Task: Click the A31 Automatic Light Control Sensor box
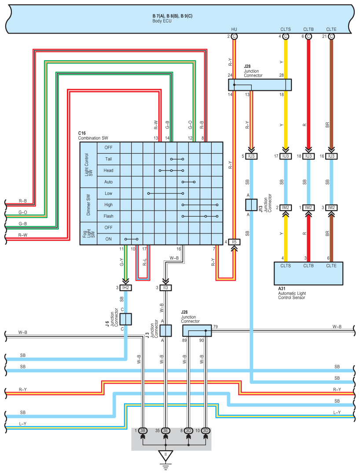[308, 274]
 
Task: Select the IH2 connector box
[126, 288]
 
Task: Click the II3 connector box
[165, 288]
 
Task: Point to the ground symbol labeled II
[166, 455]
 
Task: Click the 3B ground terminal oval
[143, 430]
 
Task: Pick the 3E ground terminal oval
[166, 430]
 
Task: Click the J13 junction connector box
[251, 205]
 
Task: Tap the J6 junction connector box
[126, 318]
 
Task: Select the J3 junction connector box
[165, 330]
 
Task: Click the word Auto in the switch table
[108, 181]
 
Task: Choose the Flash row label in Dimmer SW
[108, 216]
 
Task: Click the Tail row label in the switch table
[108, 159]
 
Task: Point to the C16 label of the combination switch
[82, 133]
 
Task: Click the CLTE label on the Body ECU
[331, 30]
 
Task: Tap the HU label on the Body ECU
[234, 30]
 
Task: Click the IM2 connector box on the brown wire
[331, 207]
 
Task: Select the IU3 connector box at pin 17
[286, 156]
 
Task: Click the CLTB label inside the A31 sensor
[309, 265]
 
